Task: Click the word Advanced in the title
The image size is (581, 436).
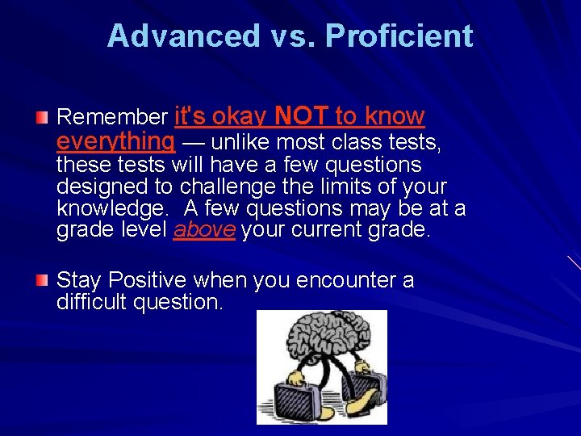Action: tap(183, 36)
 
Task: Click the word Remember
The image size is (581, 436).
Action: tap(112, 118)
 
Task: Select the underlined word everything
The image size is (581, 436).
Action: tap(115, 142)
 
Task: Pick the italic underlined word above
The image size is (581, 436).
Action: tap(204, 229)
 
